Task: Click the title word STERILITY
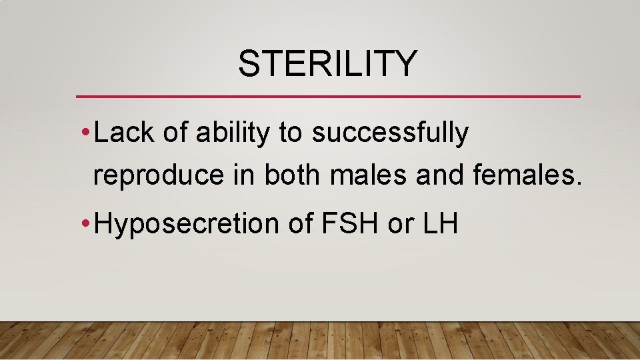point(327,64)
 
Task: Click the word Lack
point(124,133)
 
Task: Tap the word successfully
point(390,133)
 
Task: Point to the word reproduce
point(159,175)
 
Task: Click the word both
point(293,175)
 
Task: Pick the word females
point(528,175)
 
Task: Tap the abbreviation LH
point(440,225)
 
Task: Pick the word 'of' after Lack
point(175,133)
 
